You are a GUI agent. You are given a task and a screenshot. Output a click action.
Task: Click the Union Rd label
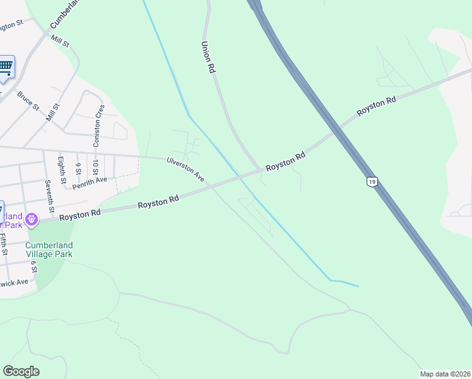point(208,58)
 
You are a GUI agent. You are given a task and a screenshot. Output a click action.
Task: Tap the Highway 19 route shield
point(372,182)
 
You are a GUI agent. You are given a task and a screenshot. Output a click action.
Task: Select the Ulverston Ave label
point(186,169)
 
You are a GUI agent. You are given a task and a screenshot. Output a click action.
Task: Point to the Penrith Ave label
point(90,183)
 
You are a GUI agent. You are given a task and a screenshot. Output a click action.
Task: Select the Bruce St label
point(28,100)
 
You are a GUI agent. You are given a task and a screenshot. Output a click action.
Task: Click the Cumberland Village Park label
point(49,250)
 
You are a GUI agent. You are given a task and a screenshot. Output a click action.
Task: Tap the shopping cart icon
point(5,66)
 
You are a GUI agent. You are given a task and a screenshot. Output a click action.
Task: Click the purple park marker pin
point(32,219)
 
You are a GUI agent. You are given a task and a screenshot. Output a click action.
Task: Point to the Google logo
point(21,371)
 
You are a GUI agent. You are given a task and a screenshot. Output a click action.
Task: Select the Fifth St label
point(4,244)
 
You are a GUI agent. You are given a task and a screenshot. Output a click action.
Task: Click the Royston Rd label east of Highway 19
point(376,105)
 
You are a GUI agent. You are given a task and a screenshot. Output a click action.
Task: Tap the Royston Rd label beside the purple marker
point(80,215)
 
